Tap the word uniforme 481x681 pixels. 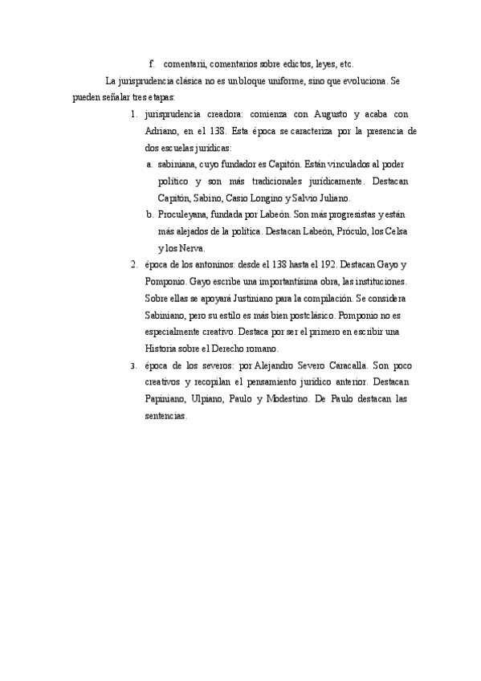point(279,81)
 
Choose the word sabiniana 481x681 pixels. point(179,165)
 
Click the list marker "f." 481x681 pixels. point(152,64)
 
